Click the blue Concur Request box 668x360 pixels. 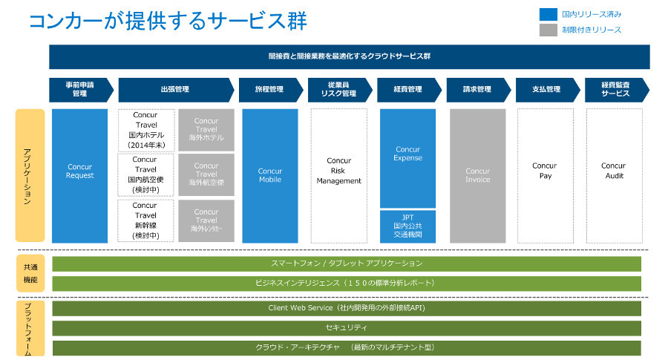[79, 176]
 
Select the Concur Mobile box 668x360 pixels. [270, 176]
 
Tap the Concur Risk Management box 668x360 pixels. [338, 176]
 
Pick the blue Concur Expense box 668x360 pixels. [407, 158]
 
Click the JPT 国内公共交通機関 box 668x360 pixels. [407, 226]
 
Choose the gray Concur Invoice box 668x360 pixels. [477, 176]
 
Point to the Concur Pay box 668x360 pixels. [545, 176]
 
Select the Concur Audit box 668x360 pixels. [613, 176]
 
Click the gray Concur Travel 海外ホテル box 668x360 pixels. [206, 131]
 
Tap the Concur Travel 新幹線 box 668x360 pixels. [145, 220]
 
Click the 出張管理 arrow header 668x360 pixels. [175, 90]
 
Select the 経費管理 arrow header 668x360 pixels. [407, 90]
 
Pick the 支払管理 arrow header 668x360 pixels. [546, 90]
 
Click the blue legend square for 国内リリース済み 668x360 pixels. [548, 13]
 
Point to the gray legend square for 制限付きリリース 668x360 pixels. [548, 30]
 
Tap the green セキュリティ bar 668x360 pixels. [347, 327]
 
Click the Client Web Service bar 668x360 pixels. [347, 307]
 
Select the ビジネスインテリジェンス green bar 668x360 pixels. [347, 283]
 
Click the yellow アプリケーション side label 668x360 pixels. [29, 176]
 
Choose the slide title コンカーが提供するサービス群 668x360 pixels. [167, 21]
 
